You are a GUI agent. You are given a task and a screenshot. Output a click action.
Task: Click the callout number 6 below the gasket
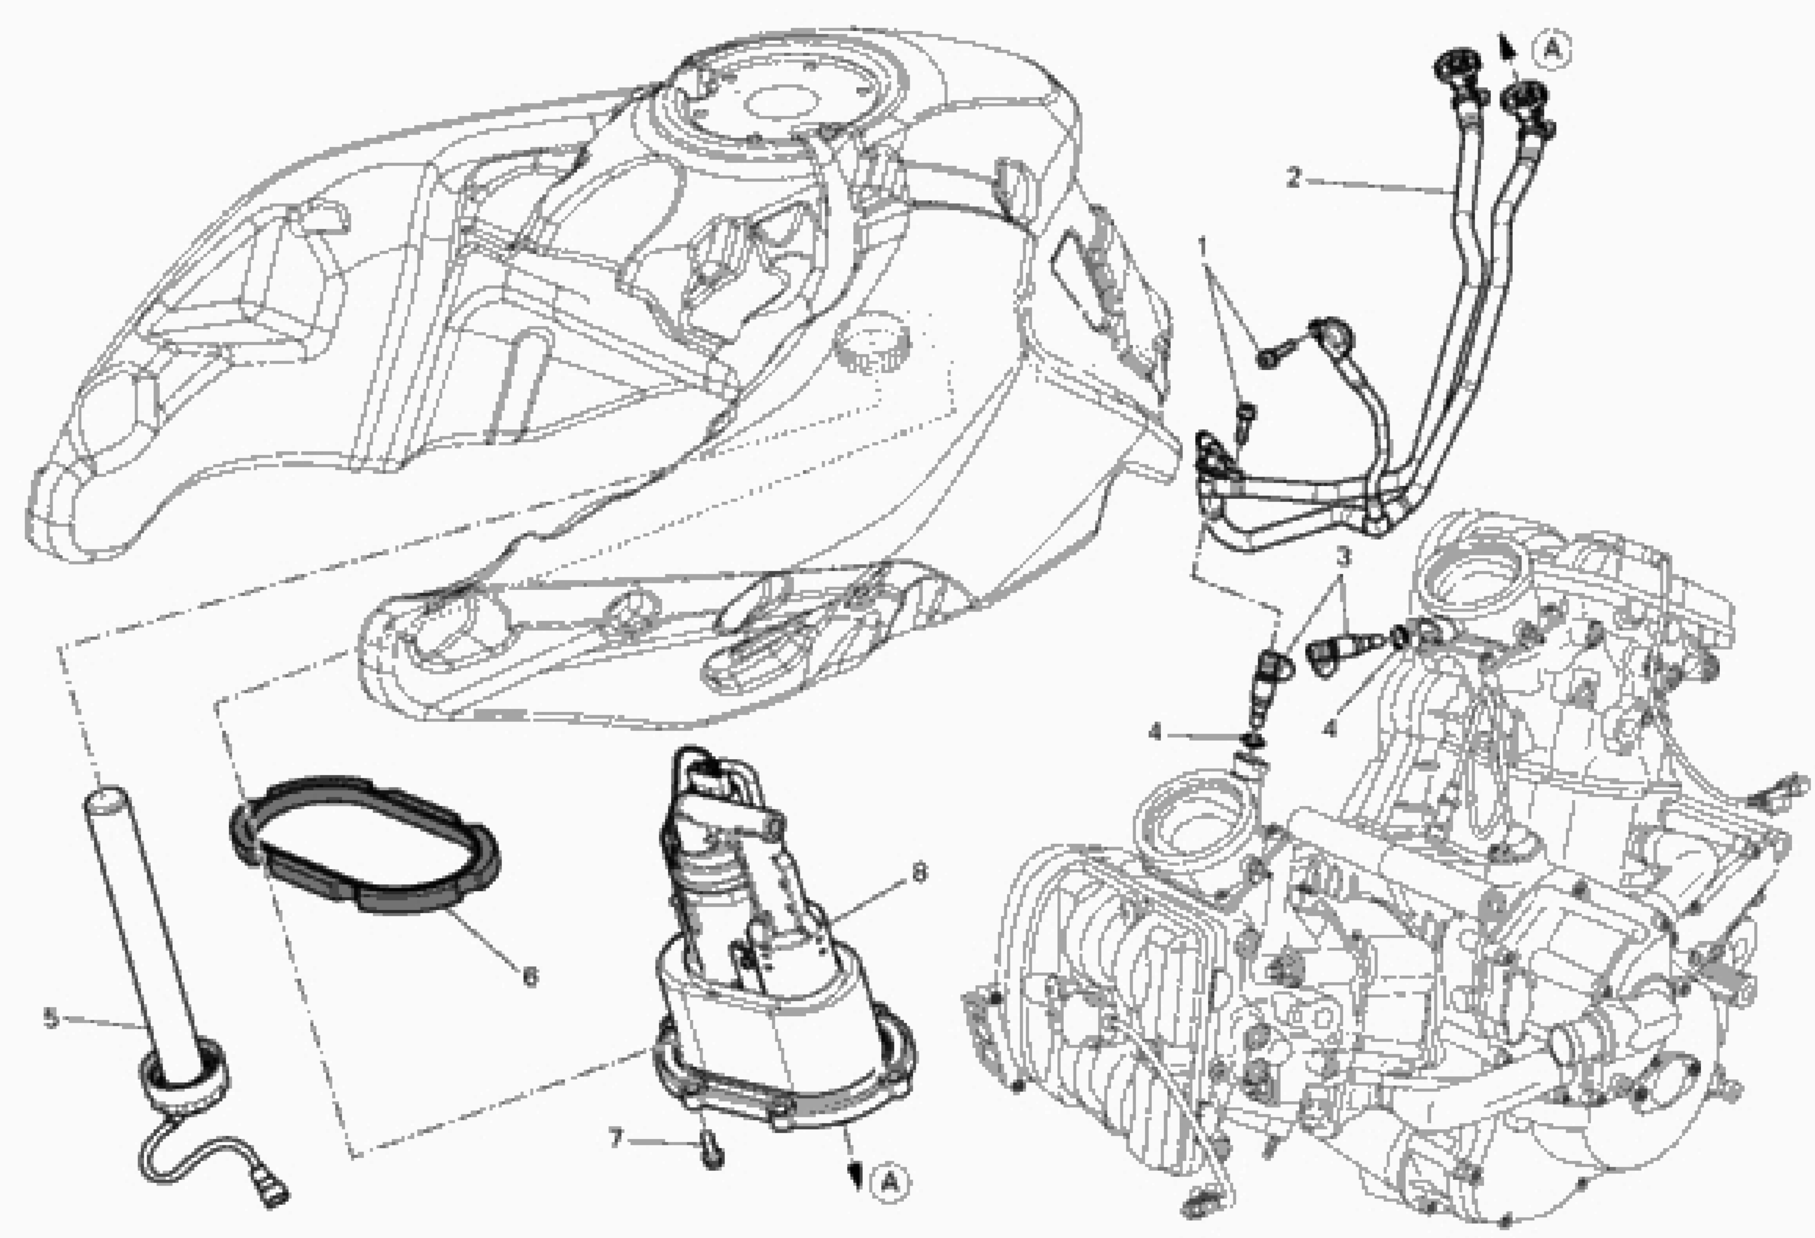point(530,976)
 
